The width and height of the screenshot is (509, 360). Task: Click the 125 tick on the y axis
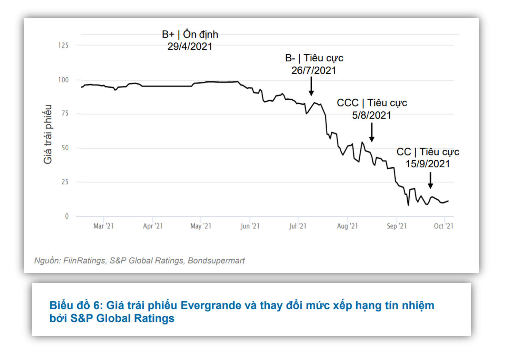63,46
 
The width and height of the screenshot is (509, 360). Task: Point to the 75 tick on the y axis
65,113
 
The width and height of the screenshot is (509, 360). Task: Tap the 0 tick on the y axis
67,216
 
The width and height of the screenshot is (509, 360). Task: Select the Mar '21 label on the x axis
103,226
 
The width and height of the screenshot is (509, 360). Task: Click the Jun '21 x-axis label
250,226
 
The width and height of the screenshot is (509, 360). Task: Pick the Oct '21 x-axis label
443,226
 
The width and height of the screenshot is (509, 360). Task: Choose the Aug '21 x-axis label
347,226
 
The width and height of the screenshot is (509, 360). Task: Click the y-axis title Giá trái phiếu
48,134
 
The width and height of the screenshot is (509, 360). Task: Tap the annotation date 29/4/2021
190,47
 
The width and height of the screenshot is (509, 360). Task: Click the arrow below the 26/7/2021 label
311,86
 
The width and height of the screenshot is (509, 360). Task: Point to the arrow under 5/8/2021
372,132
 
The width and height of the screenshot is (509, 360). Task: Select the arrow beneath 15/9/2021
430,180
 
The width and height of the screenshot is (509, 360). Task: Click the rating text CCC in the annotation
348,103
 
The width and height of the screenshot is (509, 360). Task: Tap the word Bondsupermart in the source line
216,261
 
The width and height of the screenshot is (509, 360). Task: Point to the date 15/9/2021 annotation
428,164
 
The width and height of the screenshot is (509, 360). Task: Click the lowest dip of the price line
408,206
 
